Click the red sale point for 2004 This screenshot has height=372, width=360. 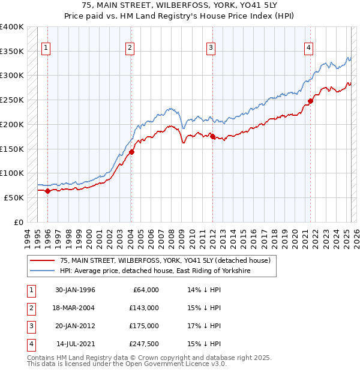tap(131, 152)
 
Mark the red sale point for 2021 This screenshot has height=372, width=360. tap(311, 101)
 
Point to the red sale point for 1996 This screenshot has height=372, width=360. tap(48, 191)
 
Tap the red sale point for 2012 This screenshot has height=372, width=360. tap(212, 136)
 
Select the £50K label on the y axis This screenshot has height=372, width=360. tap(14, 197)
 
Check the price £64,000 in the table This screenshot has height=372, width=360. tap(144, 289)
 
